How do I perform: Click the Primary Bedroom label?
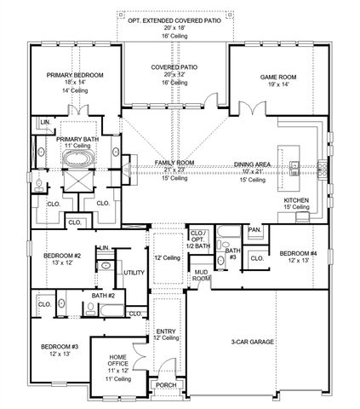pos(75,75)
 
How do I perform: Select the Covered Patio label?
pos(174,66)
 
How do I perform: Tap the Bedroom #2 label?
pos(63,256)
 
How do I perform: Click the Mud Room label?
pos(201,274)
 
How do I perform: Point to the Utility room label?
pos(134,272)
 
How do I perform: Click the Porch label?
pos(167,384)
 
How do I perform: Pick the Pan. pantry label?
pos(254,230)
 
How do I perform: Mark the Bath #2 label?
pos(103,296)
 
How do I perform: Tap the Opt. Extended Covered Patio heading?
pos(174,18)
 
